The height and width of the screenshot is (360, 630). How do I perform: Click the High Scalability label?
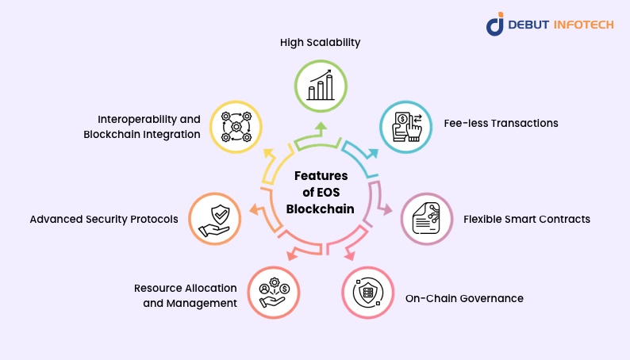pos(320,42)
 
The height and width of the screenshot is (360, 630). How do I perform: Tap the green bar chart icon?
pos(321,83)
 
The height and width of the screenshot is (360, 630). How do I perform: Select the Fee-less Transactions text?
pos(501,124)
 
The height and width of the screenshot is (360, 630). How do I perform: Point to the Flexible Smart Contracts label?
pos(526,219)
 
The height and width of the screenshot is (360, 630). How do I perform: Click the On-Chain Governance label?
pos(464,299)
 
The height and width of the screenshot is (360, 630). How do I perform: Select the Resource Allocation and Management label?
pos(185,295)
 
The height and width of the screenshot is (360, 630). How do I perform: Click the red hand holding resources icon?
pos(274,291)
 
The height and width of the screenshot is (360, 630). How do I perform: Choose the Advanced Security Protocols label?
pos(103,219)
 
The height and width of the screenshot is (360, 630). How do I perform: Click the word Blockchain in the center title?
pos(321,210)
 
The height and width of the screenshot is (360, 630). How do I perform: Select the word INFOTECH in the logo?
pos(584,24)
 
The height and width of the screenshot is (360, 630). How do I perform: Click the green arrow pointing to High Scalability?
pos(320,132)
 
